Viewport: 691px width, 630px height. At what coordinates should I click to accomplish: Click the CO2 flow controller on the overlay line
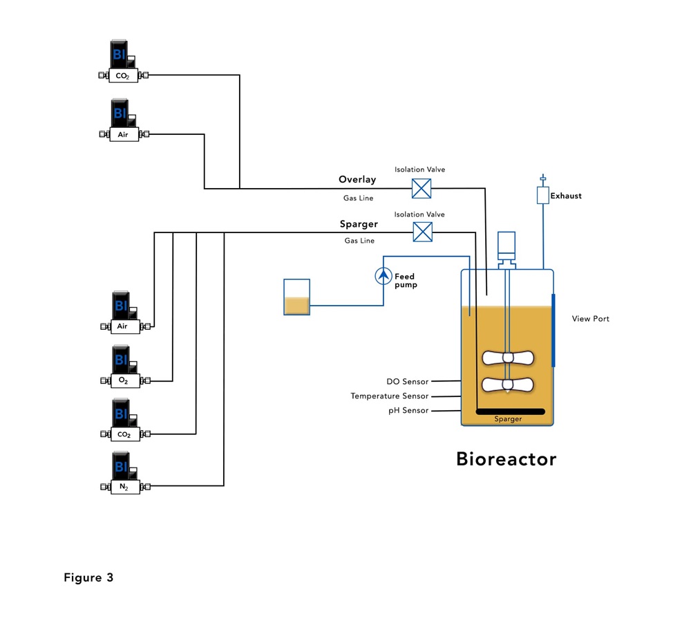[123, 62]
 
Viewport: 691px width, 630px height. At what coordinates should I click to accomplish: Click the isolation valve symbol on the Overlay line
[422, 188]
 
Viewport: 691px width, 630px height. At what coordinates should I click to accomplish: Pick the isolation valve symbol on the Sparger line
[422, 232]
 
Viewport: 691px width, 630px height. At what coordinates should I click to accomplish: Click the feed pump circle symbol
[384, 277]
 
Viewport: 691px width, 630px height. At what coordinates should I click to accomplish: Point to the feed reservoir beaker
[297, 297]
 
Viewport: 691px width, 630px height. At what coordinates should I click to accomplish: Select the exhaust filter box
[542, 196]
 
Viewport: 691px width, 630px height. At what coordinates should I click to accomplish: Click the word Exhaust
[566, 196]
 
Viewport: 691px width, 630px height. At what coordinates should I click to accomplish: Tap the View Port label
[591, 319]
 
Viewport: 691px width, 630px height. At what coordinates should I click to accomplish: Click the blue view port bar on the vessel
[553, 331]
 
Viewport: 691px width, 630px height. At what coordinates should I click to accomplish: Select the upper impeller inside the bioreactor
[508, 358]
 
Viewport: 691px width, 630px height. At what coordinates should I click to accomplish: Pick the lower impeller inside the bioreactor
[508, 385]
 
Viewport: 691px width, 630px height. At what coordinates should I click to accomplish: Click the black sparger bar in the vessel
[511, 412]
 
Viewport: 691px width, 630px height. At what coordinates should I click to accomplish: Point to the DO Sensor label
[407, 382]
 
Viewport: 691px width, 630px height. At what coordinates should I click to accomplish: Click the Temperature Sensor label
[389, 396]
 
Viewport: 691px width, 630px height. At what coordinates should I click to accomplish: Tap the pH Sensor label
[408, 411]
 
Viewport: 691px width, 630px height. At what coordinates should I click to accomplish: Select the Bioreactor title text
[506, 459]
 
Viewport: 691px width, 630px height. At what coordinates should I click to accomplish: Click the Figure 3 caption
[88, 577]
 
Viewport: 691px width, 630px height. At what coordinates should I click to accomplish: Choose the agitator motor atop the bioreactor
[507, 243]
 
